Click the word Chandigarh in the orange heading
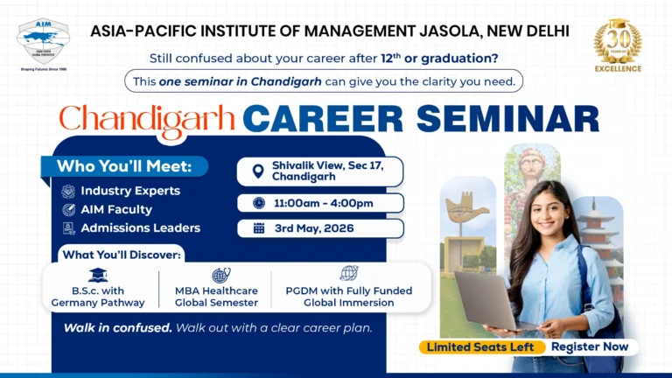146,118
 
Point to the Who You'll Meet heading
131,166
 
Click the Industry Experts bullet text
130,191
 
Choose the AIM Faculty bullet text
116,209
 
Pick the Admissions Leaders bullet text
140,228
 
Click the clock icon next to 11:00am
259,203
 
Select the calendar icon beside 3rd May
259,228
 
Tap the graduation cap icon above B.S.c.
99,275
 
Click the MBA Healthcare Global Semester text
216,297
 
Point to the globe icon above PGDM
348,273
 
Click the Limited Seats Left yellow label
480,347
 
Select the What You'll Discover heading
122,255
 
